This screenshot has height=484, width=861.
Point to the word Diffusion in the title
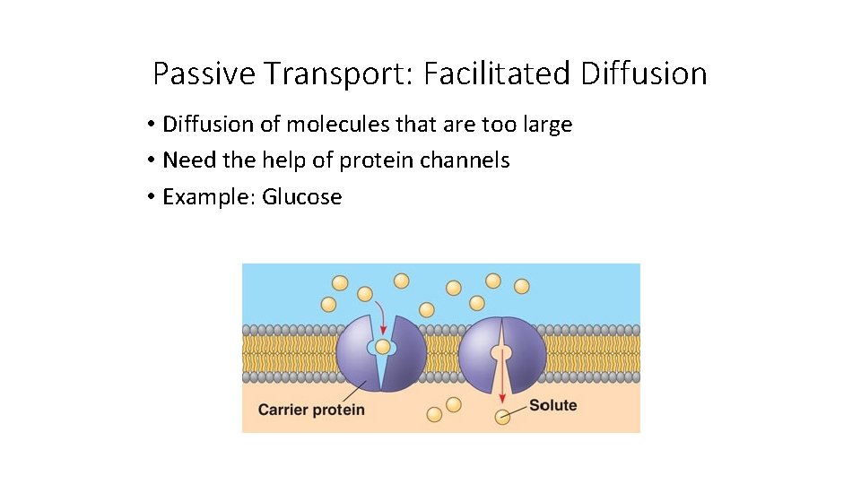pyautogui.click(x=644, y=73)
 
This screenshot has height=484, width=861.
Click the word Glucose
pyautogui.click(x=301, y=197)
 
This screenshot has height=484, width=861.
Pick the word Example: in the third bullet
pyautogui.click(x=209, y=197)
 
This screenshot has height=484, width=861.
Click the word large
pyautogui.click(x=546, y=125)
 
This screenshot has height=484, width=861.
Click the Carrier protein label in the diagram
pyautogui.click(x=311, y=410)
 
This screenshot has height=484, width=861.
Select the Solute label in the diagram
pyautogui.click(x=552, y=405)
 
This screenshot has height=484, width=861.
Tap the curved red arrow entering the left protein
pyautogui.click(x=381, y=315)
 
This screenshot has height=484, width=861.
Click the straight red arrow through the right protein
pyautogui.click(x=502, y=376)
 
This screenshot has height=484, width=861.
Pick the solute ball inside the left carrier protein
pyautogui.click(x=383, y=347)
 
